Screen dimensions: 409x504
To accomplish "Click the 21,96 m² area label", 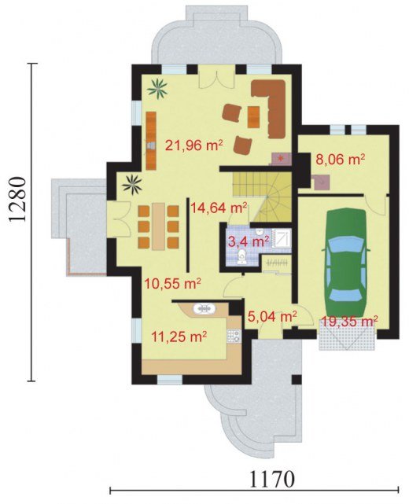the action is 194,145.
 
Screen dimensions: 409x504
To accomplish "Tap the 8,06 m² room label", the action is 341,159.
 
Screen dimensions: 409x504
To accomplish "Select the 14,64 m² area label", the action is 219,208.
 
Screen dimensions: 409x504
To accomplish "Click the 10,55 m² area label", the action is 173,283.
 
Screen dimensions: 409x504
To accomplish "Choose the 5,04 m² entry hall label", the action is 272,317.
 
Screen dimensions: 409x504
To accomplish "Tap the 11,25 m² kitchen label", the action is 179,337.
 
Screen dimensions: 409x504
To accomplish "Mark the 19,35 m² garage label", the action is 349,321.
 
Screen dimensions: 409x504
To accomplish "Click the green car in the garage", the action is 346,263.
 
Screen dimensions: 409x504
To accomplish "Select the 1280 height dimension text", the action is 17,199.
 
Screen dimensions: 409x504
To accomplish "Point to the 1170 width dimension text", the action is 272,480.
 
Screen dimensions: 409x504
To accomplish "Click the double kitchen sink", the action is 204,308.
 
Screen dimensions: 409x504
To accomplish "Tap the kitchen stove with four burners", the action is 234,336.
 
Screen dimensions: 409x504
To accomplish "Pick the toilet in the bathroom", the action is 241,257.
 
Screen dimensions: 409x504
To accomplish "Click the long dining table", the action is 158,226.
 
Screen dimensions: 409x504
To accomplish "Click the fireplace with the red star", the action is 282,159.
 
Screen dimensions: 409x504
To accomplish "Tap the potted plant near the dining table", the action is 132,184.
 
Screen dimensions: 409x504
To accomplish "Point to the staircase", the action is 262,196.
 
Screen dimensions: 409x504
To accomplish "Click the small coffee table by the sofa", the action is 254,116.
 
